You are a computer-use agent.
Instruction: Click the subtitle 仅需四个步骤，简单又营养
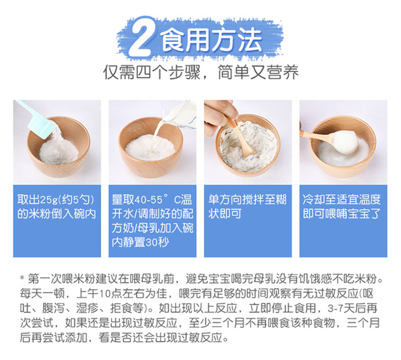pyautogui.click(x=201, y=72)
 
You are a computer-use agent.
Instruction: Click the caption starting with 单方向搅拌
pyautogui.click(x=247, y=207)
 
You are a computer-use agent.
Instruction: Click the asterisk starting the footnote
pyautogui.click(x=23, y=278)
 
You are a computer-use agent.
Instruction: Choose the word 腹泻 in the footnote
pyautogui.click(x=54, y=308)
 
